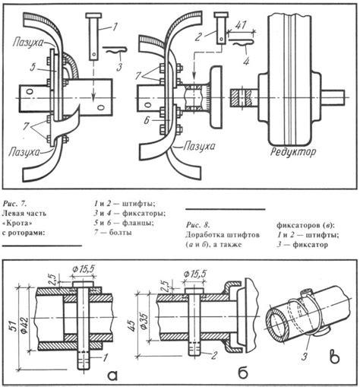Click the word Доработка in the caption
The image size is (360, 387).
209,235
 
